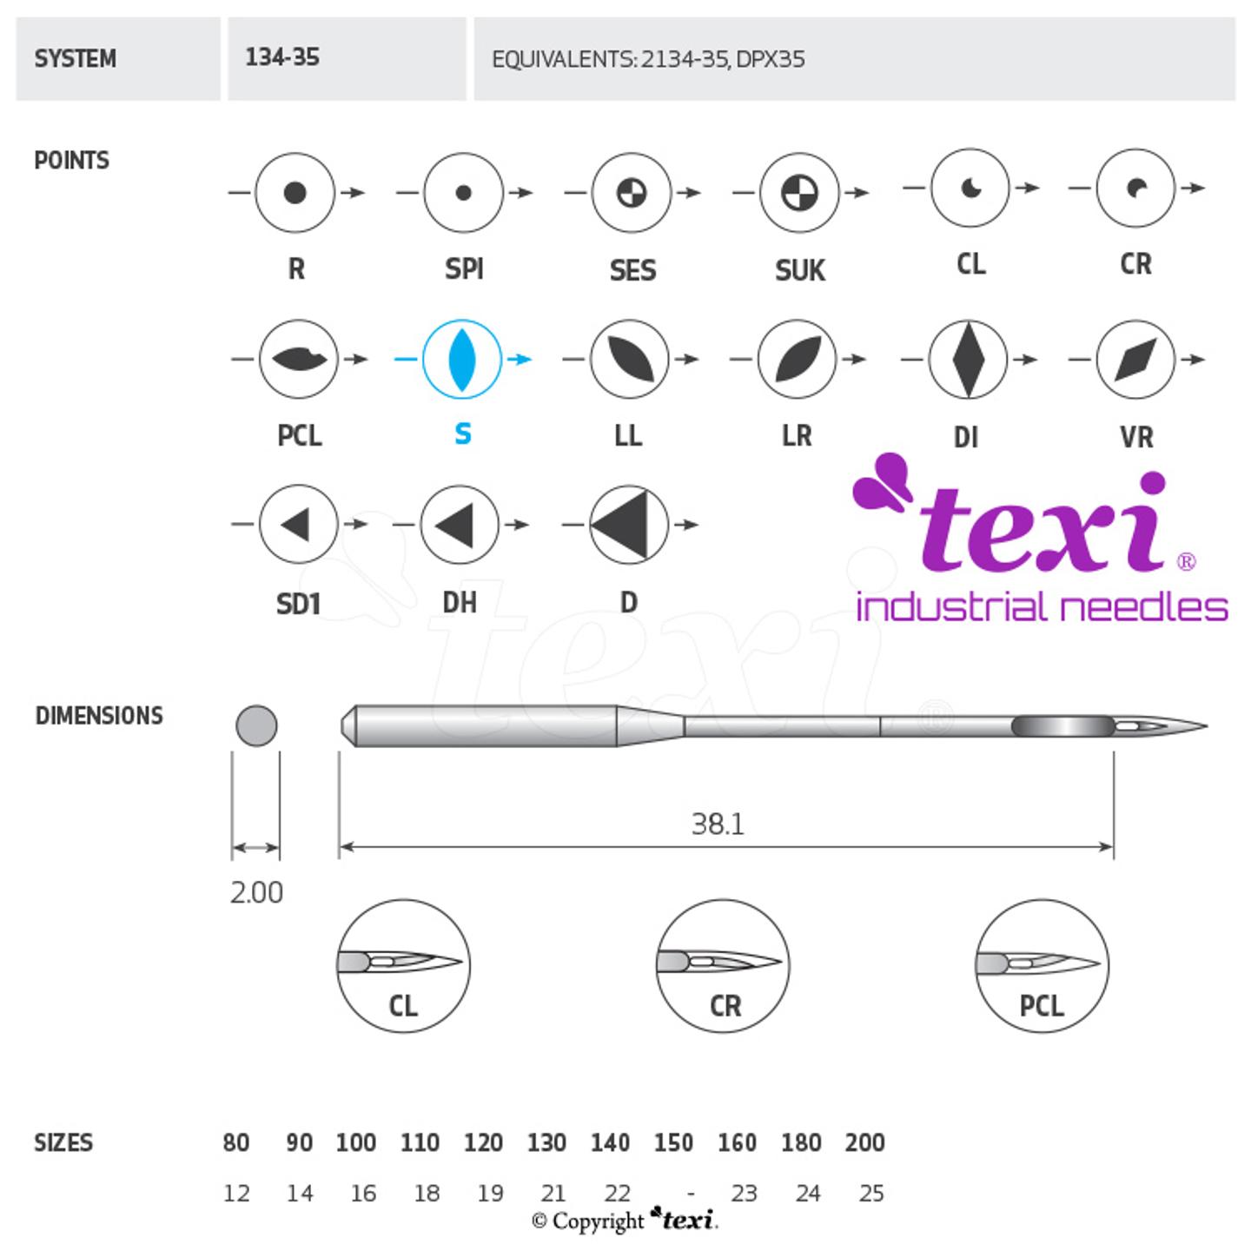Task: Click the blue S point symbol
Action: click(x=462, y=359)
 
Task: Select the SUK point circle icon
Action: click(x=799, y=193)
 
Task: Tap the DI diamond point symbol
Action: click(x=968, y=359)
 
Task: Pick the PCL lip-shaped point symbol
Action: click(x=298, y=359)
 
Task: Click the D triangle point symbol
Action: click(x=629, y=525)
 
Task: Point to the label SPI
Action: click(x=464, y=269)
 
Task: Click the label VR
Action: click(x=1136, y=437)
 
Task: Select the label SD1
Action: click(x=298, y=603)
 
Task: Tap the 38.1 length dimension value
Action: click(x=718, y=824)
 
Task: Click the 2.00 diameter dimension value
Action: click(x=256, y=893)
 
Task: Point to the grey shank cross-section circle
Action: click(x=256, y=725)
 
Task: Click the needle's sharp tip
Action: click(x=1203, y=725)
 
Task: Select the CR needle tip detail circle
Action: click(x=723, y=965)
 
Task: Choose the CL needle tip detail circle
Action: click(x=403, y=965)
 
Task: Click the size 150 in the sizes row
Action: click(x=673, y=1142)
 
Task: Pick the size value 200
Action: click(x=864, y=1142)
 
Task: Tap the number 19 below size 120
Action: click(x=490, y=1194)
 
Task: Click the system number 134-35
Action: click(x=282, y=58)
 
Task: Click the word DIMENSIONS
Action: click(x=99, y=716)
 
